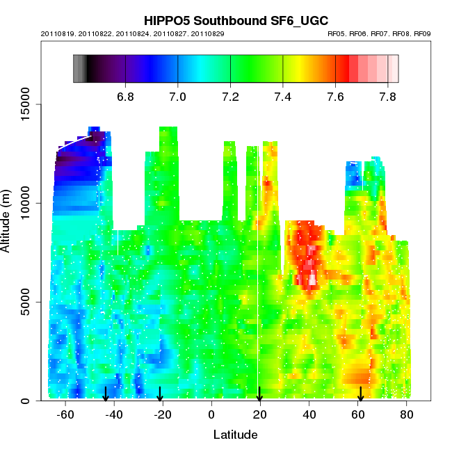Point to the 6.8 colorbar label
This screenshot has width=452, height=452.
pyautogui.click(x=125, y=97)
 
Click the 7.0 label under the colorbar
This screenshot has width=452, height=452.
pyautogui.click(x=178, y=97)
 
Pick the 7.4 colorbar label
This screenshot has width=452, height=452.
pyautogui.click(x=283, y=97)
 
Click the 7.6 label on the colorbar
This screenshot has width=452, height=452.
pyautogui.click(x=335, y=97)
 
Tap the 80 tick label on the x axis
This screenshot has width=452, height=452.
pyautogui.click(x=407, y=414)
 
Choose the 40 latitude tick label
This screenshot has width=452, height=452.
pyautogui.click(x=309, y=414)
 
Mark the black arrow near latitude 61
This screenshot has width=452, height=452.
pyautogui.click(x=360, y=394)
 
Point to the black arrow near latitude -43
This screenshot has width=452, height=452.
pyautogui.click(x=106, y=394)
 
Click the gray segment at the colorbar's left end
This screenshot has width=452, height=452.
pyautogui.click(x=79, y=69)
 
